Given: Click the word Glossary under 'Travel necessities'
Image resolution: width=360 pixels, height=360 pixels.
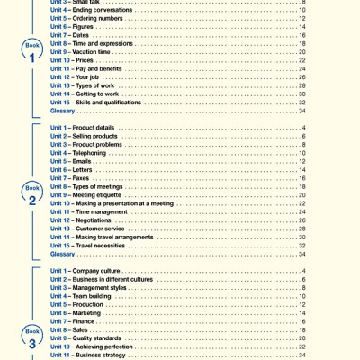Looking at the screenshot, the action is tap(63, 254).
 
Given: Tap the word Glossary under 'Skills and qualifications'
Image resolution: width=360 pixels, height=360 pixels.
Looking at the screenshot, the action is tap(63, 111).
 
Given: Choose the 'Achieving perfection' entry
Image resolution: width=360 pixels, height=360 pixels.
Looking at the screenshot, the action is tap(112, 346).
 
